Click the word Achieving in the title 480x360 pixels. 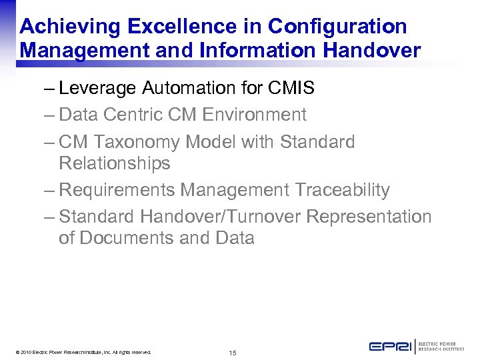pos(70,27)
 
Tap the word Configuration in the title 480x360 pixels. pos(337,27)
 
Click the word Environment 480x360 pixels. pos(255,115)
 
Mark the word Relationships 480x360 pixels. pos(114,163)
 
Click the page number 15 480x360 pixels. pos(233,352)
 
